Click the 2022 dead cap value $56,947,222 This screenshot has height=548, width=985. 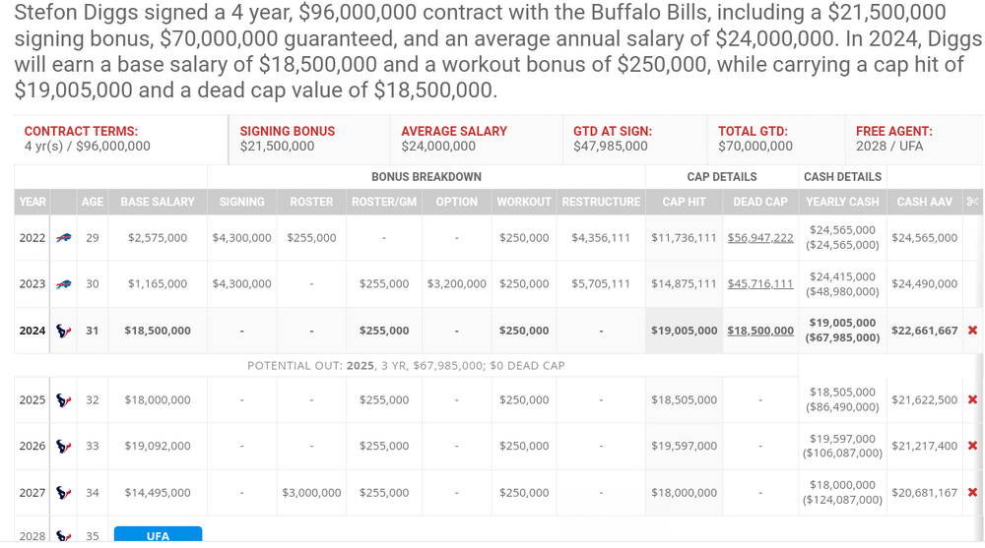tap(760, 238)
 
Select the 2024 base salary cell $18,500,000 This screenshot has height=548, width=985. tap(158, 331)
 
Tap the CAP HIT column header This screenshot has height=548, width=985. tap(684, 202)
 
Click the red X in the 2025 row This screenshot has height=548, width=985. tap(972, 400)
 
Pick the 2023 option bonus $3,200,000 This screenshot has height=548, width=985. tap(456, 284)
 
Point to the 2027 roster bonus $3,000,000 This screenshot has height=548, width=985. tap(311, 493)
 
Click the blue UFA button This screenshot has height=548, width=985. tap(158, 535)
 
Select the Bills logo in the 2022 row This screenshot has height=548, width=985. tap(64, 238)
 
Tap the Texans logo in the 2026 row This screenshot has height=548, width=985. tap(64, 447)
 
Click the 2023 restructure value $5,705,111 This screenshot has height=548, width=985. tap(601, 284)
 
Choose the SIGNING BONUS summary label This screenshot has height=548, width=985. tap(288, 131)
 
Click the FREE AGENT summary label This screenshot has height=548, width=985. tap(893, 131)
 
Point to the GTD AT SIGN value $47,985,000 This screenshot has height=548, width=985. tap(611, 147)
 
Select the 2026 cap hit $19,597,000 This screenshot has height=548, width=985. tap(684, 447)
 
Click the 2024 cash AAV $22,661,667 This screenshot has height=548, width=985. tap(924, 331)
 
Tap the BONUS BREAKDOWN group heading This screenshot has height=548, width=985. tap(426, 177)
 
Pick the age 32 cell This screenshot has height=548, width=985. tap(93, 400)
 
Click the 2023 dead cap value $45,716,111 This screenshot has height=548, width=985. tap(760, 284)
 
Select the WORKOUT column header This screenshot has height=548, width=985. tap(523, 202)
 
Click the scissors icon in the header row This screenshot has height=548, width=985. tap(972, 202)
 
